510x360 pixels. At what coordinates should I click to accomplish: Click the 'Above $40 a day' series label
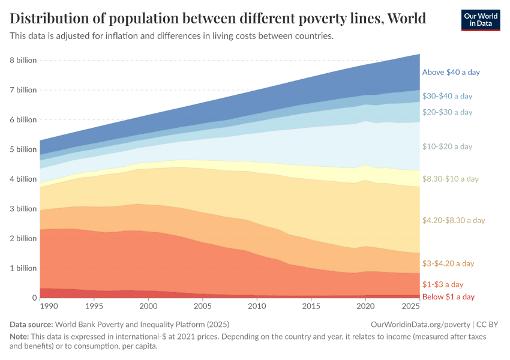pos(451,72)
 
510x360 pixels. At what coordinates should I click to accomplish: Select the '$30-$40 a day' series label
pos(447,95)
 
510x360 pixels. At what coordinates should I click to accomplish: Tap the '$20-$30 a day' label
pos(447,112)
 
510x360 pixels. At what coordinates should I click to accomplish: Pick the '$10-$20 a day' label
pos(447,146)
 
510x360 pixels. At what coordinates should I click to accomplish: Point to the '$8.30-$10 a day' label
pos(450,179)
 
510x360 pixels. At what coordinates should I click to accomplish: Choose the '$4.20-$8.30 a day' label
pos(453,220)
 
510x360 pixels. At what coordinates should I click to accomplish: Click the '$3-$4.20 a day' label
pos(448,263)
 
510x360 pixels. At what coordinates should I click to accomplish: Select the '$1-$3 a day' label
pos(443,284)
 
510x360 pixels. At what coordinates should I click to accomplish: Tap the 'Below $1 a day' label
pos(448,297)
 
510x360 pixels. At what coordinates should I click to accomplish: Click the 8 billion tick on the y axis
pos(23,61)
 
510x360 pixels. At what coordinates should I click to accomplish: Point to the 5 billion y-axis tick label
pos(23,149)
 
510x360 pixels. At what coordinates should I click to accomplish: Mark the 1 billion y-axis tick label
pos(23,268)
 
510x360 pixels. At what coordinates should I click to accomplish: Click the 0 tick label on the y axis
pos(34,298)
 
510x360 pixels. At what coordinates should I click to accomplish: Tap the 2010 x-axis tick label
pos(257,307)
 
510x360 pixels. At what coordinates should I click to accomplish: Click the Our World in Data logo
pos(480,19)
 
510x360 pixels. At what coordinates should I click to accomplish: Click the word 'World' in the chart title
pos(407,19)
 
